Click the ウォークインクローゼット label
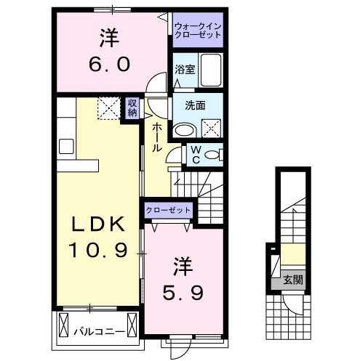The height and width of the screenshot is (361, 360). [197, 31]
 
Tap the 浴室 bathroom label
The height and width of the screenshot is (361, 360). [184, 70]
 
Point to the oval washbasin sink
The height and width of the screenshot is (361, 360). [185, 131]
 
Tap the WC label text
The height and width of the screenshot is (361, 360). [194, 154]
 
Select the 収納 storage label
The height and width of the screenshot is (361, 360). [132, 108]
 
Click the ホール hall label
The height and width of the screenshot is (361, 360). [157, 137]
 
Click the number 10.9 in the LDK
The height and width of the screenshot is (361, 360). [99, 251]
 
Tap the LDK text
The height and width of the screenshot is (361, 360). [99, 224]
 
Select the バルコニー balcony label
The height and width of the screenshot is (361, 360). [98, 332]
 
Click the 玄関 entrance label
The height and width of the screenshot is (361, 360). [292, 280]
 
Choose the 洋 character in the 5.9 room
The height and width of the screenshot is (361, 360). [181, 265]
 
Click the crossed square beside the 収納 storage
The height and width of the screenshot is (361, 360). [108, 110]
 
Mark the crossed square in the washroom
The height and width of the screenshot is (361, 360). [212, 129]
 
